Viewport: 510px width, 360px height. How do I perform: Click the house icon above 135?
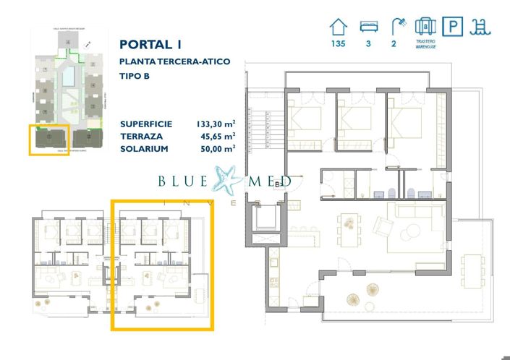pyautogui.click(x=338, y=27)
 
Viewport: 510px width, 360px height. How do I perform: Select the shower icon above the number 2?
pyautogui.click(x=396, y=27)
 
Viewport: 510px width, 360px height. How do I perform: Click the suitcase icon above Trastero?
pyautogui.click(x=425, y=27)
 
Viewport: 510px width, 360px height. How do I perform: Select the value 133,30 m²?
pyautogui.click(x=216, y=124)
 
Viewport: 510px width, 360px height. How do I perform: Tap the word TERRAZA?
pyautogui.click(x=142, y=136)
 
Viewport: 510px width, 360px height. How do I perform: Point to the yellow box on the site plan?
pyautogui.click(x=49, y=140)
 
